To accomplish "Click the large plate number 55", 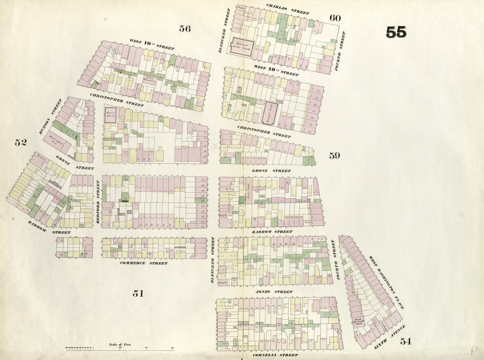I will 396,32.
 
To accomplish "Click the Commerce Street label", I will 144,263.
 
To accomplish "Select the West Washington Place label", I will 386,282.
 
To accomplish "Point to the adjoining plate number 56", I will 185,28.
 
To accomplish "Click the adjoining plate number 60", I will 335,18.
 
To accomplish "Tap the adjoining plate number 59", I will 334,156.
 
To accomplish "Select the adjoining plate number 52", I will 20,142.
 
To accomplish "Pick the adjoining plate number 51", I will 138,294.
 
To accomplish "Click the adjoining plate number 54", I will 405,341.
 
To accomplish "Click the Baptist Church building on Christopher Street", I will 110,115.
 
